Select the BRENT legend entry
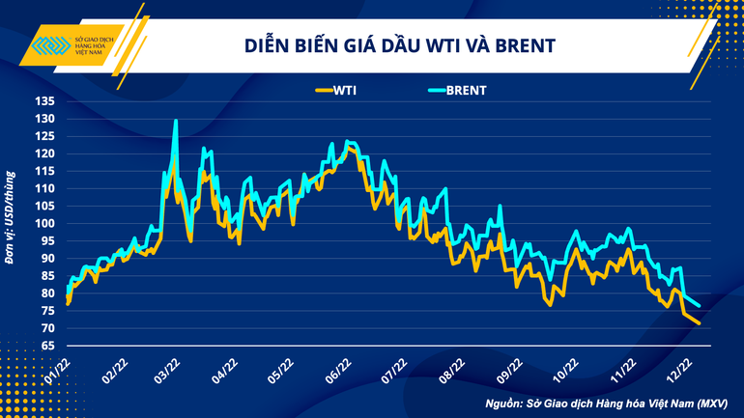pyautogui.click(x=464, y=91)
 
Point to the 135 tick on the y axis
pyautogui.click(x=43, y=100)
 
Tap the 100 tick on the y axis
pyautogui.click(x=43, y=223)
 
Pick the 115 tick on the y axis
pyautogui.click(x=43, y=171)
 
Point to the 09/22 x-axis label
pyautogui.click(x=509, y=369)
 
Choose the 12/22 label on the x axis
pyautogui.click(x=680, y=369)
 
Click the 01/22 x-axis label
pyautogui.click(x=60, y=369)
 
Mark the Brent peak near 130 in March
pyautogui.click(x=175, y=121)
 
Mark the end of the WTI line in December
pyautogui.click(x=699, y=323)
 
